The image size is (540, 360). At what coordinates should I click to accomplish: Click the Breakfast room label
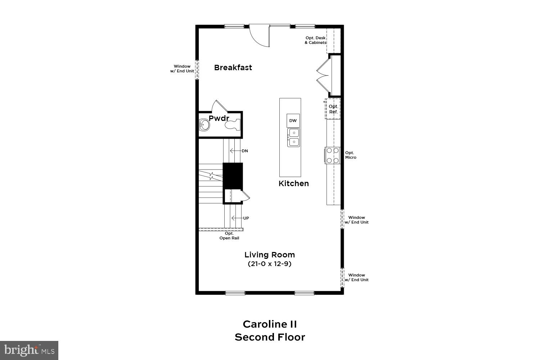(x=233, y=68)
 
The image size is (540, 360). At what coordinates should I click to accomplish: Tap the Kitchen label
(x=293, y=184)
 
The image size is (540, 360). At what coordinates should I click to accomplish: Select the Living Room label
(x=270, y=255)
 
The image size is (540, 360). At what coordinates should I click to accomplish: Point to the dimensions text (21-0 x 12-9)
(x=270, y=264)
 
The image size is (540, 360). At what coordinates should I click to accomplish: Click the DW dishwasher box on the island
(x=293, y=121)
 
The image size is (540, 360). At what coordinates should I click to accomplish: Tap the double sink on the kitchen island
(x=294, y=137)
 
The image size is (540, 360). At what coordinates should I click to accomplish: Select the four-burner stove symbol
(x=333, y=156)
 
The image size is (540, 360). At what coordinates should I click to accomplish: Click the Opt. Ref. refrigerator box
(x=333, y=109)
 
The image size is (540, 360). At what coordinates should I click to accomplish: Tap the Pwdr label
(x=219, y=118)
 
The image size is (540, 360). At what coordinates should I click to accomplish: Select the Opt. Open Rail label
(x=229, y=236)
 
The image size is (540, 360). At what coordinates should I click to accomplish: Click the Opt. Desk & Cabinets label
(x=315, y=40)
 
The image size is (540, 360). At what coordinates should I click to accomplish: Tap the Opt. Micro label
(x=351, y=155)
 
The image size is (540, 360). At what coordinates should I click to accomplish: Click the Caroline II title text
(x=270, y=324)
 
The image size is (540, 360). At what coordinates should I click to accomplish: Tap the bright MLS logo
(x=29, y=350)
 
